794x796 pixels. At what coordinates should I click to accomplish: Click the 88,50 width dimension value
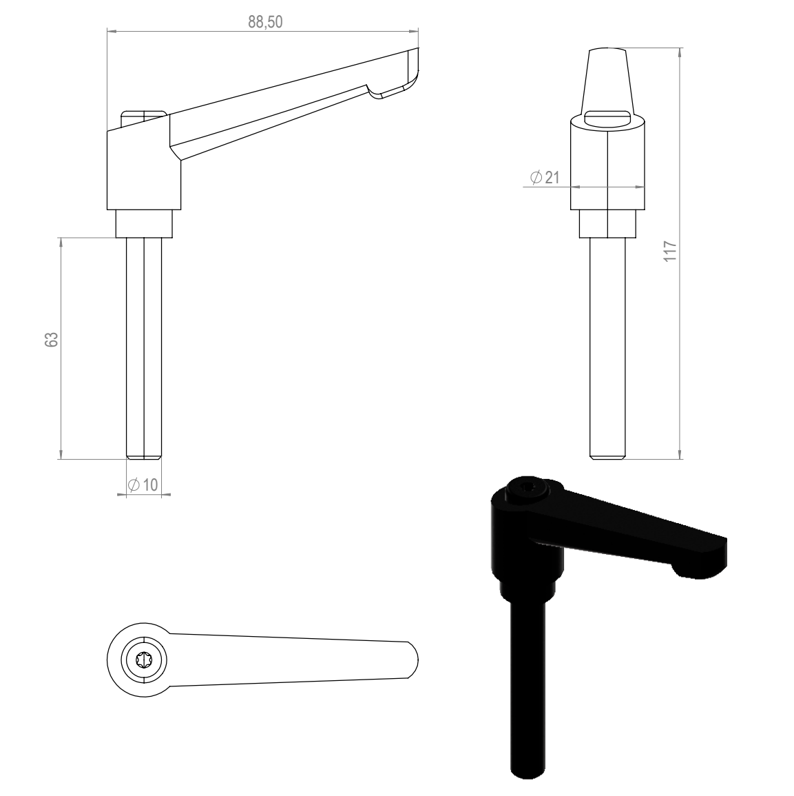[265, 22]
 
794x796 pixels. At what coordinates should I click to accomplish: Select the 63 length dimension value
[52, 340]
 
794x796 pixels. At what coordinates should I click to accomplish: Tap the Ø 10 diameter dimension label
[143, 484]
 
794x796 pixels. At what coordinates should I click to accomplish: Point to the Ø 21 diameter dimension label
[545, 177]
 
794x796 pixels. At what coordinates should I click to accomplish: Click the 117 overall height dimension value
[670, 252]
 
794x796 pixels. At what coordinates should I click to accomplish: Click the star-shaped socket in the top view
[145, 660]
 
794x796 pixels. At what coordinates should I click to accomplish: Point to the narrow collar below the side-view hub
[144, 224]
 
